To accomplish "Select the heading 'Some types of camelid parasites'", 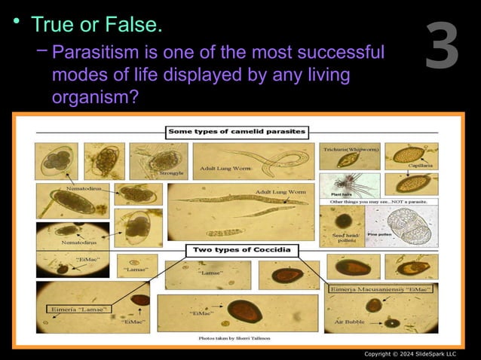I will coord(237,131).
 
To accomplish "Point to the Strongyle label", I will coord(172,173).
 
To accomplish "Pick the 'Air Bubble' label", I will coord(351,322).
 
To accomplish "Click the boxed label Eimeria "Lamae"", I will coord(78,308).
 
